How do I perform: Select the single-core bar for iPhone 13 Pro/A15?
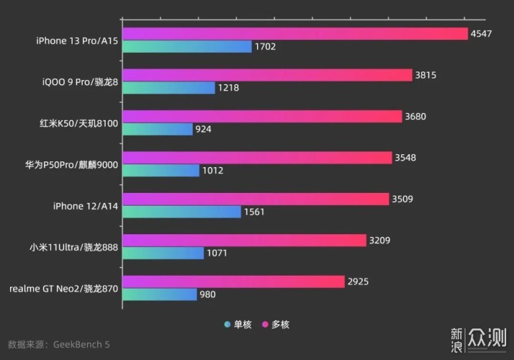(186, 46)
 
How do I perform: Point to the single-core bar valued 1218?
(168, 88)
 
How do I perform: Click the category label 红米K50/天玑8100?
(79, 123)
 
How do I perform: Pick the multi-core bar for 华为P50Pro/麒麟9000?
(257, 157)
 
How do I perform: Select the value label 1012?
(213, 171)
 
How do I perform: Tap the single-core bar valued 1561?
(181, 212)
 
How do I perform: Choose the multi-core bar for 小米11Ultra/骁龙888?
(244, 240)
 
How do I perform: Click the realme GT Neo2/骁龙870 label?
(64, 289)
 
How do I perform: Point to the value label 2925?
(358, 281)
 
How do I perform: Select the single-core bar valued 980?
(159, 294)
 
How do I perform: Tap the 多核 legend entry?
(275, 324)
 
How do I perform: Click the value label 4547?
(480, 34)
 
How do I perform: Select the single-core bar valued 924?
(157, 129)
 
